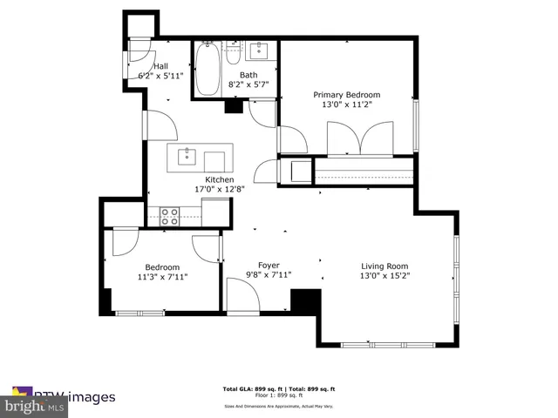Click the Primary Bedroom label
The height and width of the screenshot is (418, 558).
tap(347, 94)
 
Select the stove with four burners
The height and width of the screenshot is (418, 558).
tap(169, 215)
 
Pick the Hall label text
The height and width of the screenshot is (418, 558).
tap(160, 66)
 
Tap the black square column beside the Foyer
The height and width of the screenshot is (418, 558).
tap(305, 301)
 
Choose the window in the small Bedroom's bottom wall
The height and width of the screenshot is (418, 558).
tap(139, 313)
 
